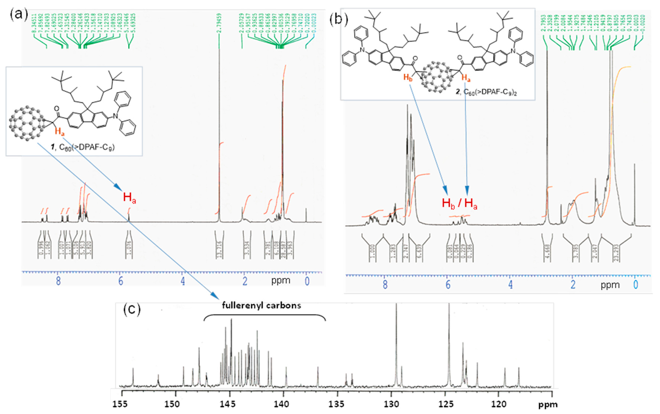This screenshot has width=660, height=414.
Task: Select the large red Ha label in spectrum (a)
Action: pos(129,198)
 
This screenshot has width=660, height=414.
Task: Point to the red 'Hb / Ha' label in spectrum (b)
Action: pos(459,204)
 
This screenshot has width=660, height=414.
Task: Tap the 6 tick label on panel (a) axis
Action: pos(121,281)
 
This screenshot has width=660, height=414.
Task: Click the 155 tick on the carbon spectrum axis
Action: pos(122,404)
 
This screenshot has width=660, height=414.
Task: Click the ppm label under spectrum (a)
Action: pos(280,280)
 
